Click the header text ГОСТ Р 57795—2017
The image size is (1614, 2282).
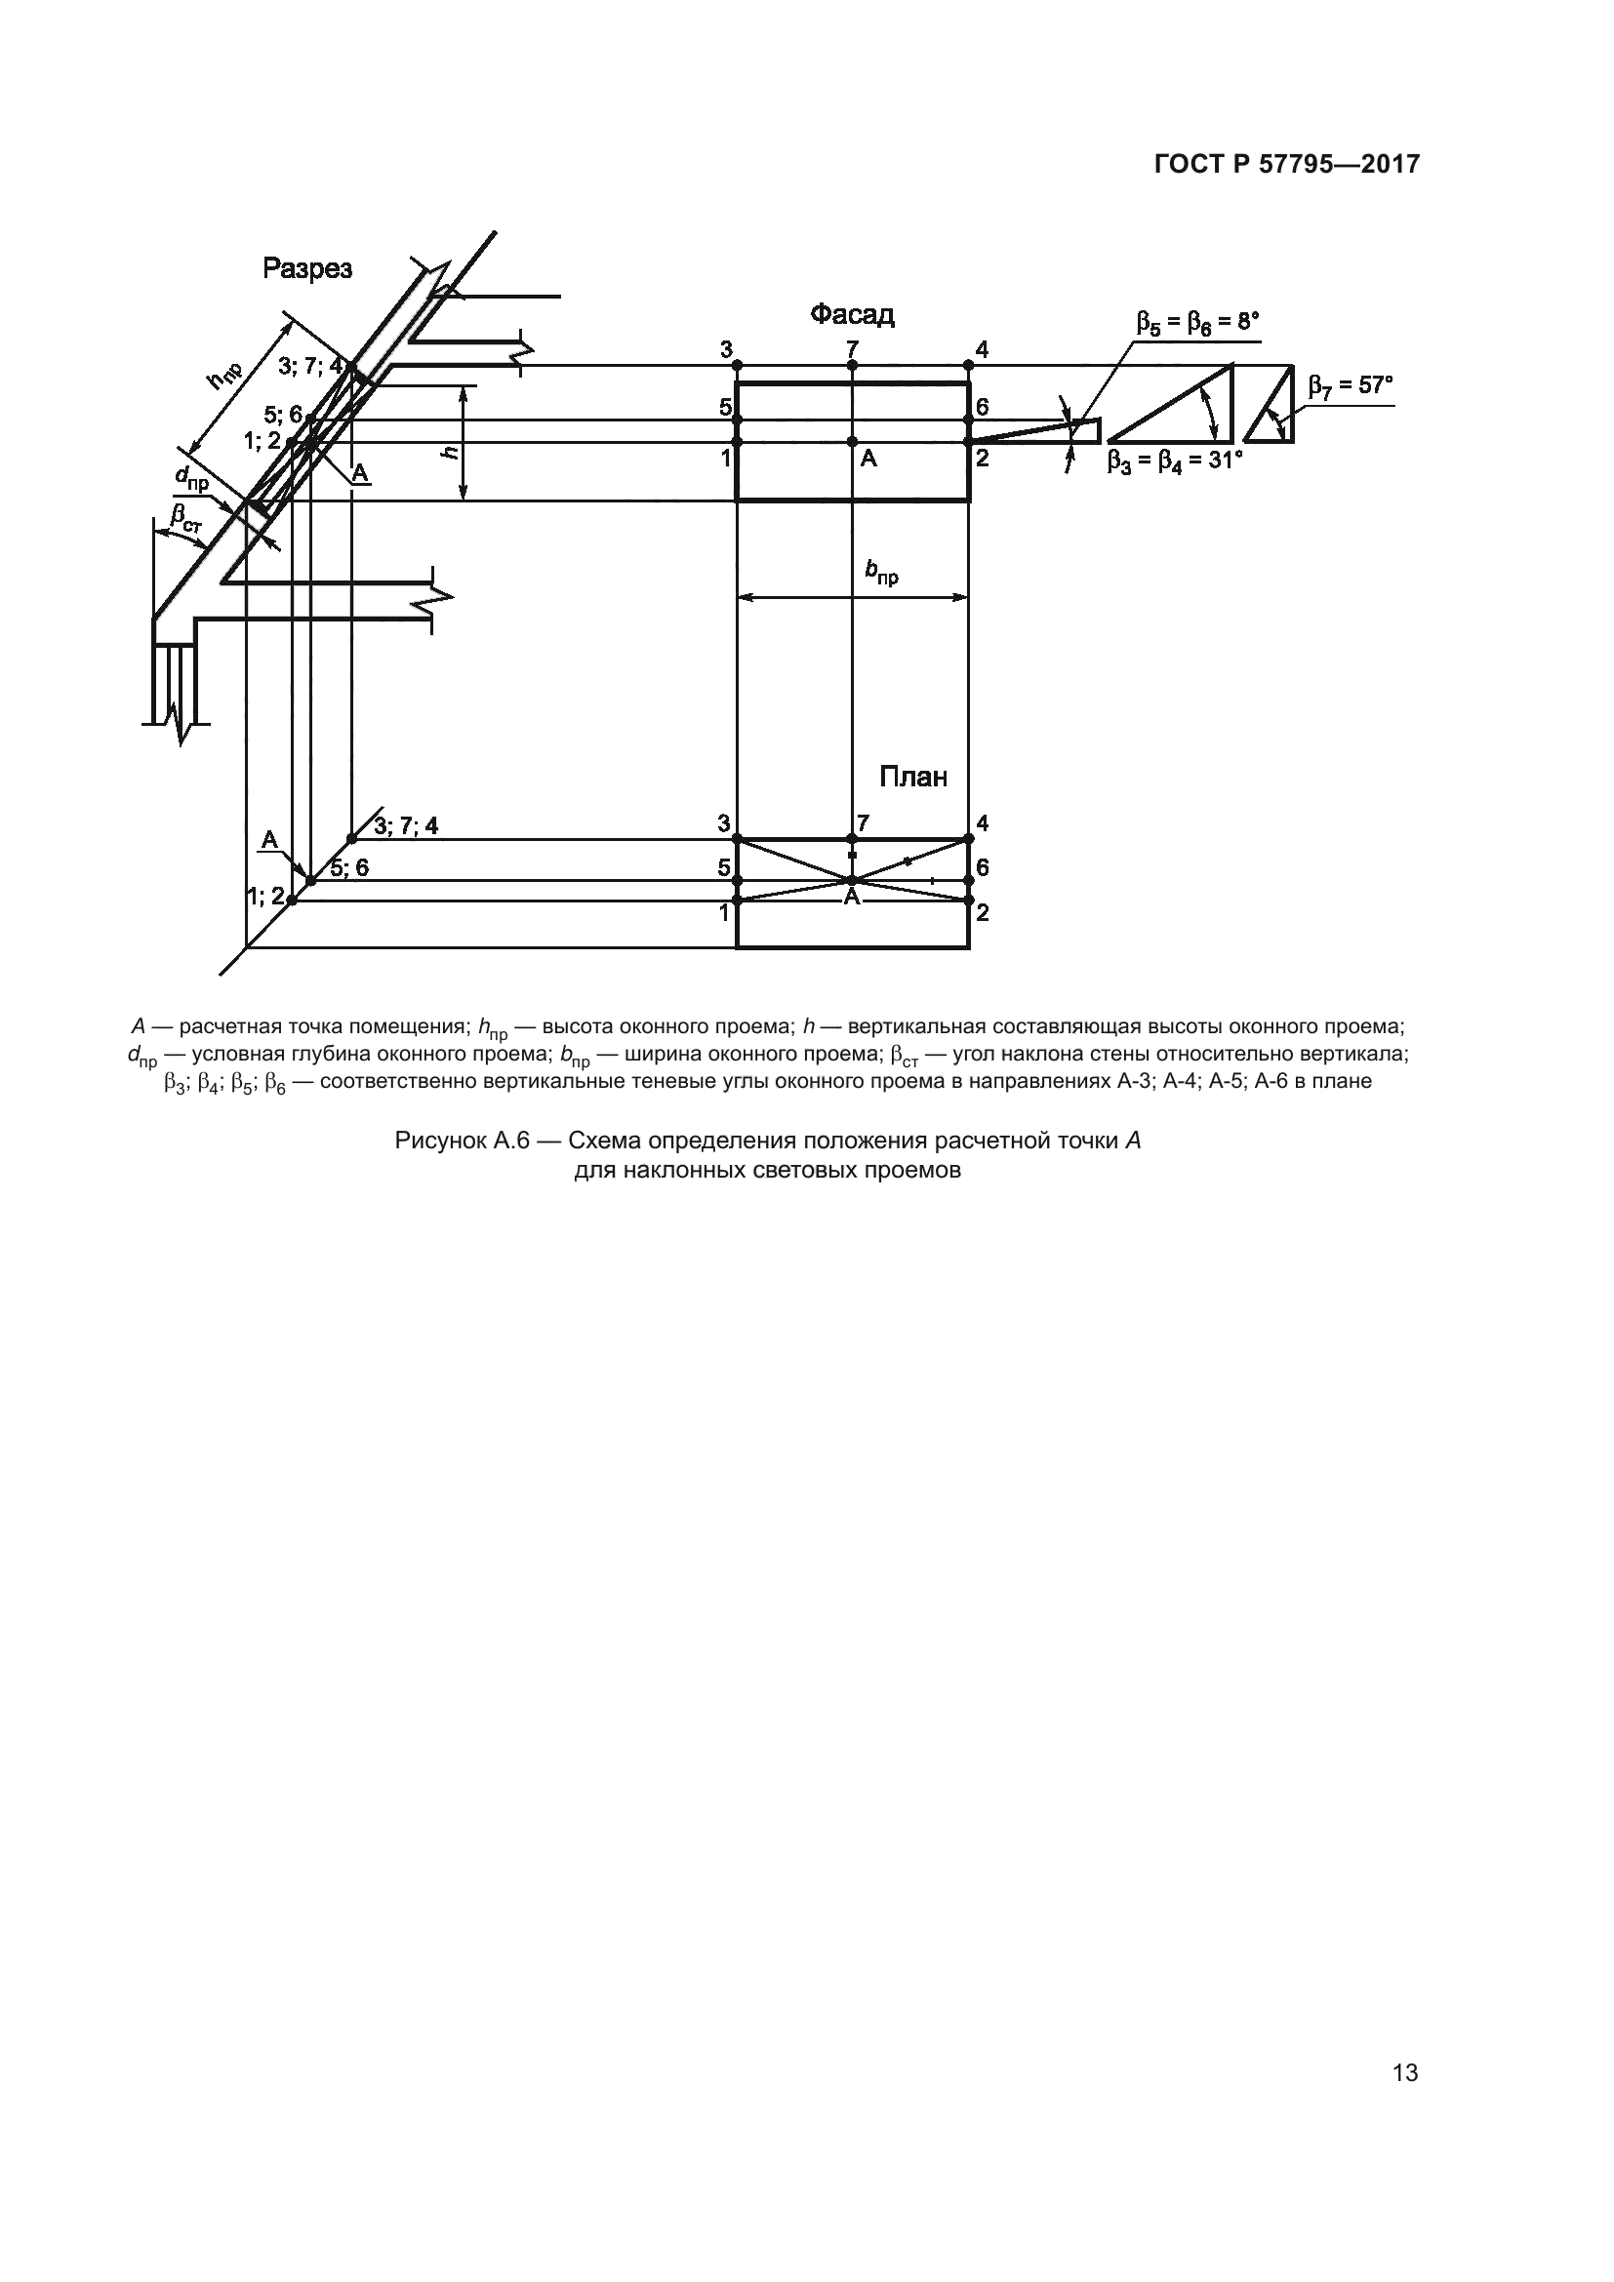click(x=1286, y=165)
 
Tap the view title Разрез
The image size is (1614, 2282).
click(x=307, y=268)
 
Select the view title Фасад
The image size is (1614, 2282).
click(x=852, y=315)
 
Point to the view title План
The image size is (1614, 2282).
click(x=912, y=777)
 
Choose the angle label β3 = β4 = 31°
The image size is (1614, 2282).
click(x=1175, y=461)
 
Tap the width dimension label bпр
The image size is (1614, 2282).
click(x=880, y=573)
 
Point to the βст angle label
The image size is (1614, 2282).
click(x=184, y=519)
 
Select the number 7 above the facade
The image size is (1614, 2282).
click(x=853, y=349)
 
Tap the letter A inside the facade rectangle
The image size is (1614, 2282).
click(x=868, y=460)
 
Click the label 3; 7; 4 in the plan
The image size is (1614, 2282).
click(x=406, y=825)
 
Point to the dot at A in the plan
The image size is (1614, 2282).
click(x=852, y=880)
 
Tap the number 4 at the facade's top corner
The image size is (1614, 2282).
click(x=982, y=349)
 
